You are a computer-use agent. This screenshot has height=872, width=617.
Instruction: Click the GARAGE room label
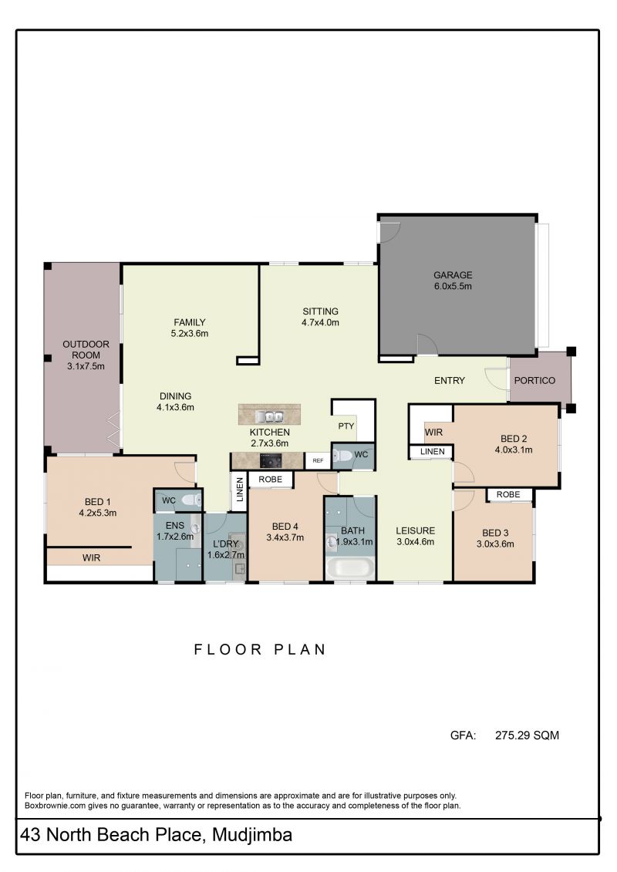[453, 274]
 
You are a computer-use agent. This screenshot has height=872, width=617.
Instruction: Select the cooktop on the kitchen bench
[271, 461]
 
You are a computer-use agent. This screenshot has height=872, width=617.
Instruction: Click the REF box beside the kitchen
[318, 460]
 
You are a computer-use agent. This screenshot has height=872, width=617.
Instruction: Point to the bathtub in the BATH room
[350, 567]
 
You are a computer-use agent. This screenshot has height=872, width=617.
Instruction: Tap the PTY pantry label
[346, 426]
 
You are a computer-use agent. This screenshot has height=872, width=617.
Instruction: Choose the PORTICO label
[534, 380]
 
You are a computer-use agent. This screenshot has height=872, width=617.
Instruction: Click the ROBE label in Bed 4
[271, 480]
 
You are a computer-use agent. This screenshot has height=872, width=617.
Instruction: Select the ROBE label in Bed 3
[508, 494]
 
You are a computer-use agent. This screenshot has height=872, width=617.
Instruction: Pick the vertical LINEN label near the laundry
[240, 490]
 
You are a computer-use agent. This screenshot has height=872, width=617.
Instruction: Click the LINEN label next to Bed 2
[433, 452]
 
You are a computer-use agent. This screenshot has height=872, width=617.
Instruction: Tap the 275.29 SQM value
[527, 736]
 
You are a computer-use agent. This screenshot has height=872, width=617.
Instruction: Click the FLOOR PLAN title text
[260, 649]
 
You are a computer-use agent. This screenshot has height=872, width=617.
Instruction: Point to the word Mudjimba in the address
[252, 835]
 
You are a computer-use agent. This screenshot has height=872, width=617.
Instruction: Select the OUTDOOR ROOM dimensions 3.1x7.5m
[86, 366]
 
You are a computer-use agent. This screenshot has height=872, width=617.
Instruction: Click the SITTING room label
[321, 311]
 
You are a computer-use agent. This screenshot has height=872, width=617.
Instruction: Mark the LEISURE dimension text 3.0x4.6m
[416, 542]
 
